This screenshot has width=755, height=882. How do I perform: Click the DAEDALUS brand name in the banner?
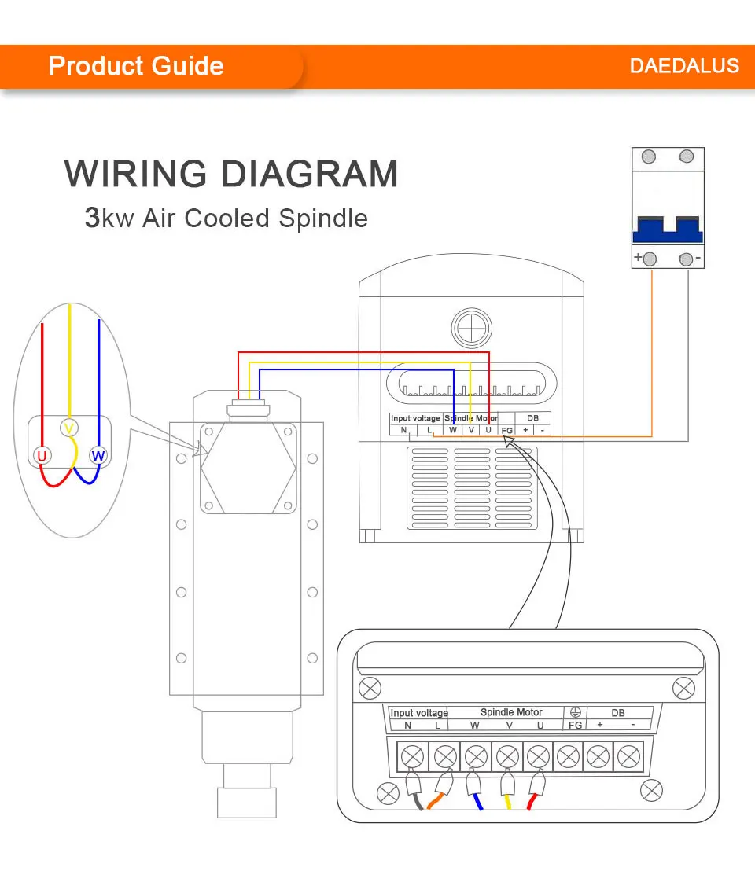(684, 66)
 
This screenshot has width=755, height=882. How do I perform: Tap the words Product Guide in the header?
(136, 66)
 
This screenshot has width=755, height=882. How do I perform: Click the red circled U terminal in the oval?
(42, 455)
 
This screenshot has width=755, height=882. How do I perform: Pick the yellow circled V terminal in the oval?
(68, 428)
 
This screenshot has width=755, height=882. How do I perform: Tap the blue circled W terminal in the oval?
(98, 455)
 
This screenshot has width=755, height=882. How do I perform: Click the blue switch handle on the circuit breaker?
(668, 230)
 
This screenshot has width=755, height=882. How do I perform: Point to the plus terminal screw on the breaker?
(650, 259)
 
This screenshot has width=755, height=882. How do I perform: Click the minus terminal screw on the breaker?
(686, 259)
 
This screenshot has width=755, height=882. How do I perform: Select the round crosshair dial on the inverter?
(471, 328)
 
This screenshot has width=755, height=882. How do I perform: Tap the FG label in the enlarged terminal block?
(575, 725)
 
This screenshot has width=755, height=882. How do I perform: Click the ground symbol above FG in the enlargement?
(575, 712)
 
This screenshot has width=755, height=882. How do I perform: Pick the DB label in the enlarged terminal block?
(617, 713)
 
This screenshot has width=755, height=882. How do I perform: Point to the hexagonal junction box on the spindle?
(248, 468)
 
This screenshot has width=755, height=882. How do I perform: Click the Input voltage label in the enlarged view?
(419, 713)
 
